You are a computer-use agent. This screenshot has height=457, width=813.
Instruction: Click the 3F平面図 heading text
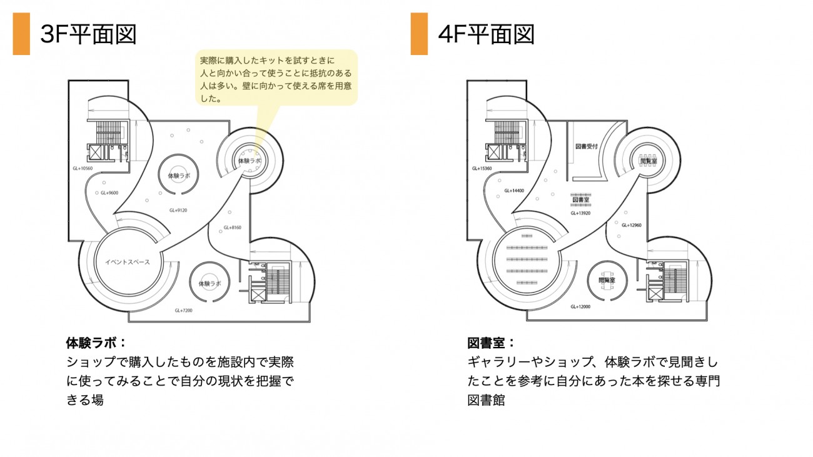88,35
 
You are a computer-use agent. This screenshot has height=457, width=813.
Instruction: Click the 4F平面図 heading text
486,35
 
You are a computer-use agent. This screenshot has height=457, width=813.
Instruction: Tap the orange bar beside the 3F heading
21,34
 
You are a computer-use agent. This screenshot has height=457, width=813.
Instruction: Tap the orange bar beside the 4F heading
419,34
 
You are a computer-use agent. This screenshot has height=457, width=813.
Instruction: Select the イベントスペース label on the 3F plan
128,262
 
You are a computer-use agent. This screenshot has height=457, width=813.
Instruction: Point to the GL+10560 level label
83,169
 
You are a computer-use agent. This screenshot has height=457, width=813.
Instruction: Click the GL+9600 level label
110,193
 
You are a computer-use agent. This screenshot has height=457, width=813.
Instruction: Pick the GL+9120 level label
178,210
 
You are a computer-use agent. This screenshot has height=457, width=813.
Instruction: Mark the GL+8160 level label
232,228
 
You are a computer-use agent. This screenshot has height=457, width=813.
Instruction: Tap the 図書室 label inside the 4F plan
581,200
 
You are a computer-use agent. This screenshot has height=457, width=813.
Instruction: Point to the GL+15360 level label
483,169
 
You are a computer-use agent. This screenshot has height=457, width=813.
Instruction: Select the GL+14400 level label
514,190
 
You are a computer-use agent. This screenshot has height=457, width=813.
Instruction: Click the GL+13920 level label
580,213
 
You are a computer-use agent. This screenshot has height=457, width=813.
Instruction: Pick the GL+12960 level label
632,225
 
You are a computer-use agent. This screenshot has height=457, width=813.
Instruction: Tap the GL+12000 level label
581,307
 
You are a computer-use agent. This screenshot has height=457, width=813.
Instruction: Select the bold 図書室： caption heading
491,343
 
